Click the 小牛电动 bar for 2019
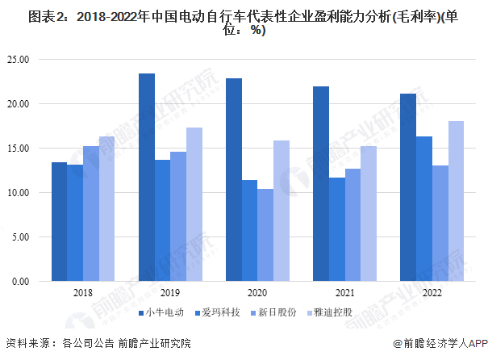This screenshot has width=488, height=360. pyautogui.click(x=147, y=178)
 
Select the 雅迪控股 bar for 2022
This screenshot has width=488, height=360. pyautogui.click(x=456, y=201)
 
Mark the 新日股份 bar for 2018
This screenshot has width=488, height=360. pyautogui.click(x=91, y=214)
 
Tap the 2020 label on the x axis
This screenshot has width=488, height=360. pyautogui.click(x=257, y=294)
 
